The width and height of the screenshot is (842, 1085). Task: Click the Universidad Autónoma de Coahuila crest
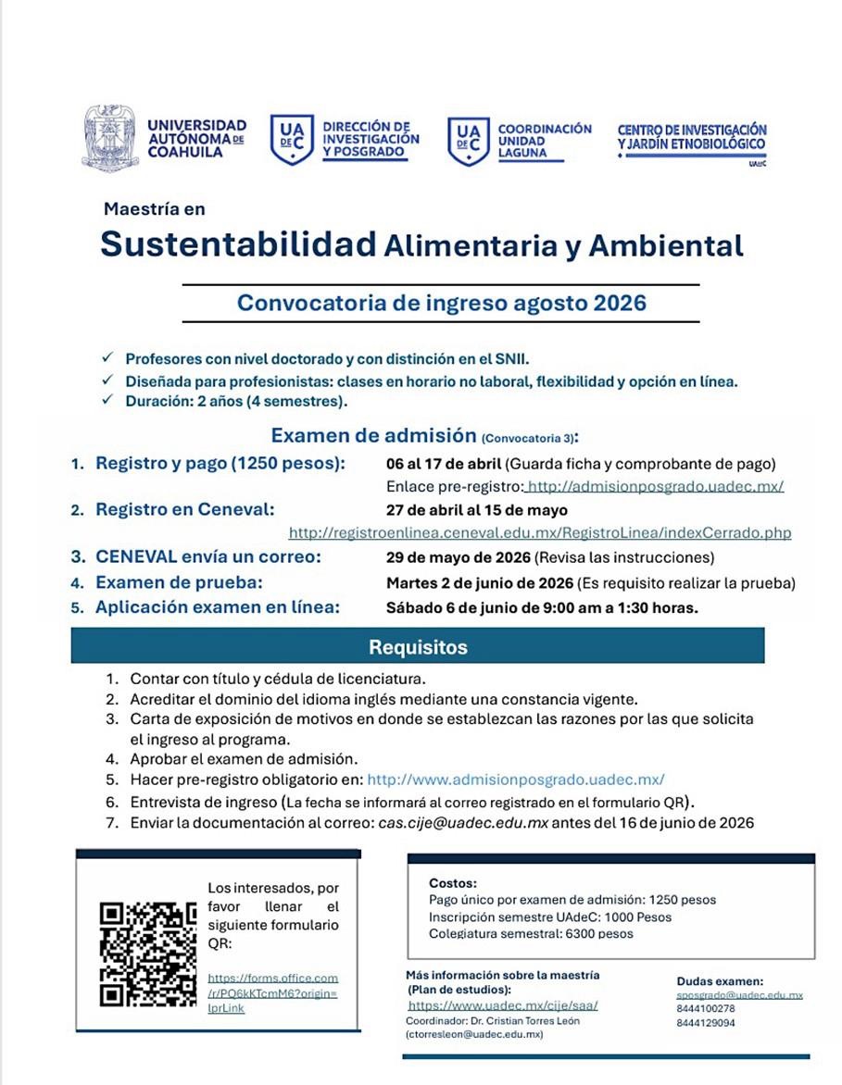point(110,138)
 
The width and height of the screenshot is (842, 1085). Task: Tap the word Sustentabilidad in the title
point(238,244)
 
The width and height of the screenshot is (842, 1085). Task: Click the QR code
point(148,954)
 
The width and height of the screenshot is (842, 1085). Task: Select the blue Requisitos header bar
point(418,646)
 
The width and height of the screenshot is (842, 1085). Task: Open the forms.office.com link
point(272,992)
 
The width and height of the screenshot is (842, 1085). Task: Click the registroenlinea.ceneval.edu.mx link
point(540,533)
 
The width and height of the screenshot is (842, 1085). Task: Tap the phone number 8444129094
point(706,1023)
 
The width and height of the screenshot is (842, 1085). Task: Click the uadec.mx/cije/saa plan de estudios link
point(503,1004)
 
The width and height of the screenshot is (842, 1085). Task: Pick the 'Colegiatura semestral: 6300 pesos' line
point(531,933)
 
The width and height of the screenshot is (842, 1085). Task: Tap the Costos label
point(453,883)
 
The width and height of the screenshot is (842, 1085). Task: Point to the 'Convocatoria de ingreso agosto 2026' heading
point(441,303)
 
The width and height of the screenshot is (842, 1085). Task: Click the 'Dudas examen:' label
point(720,981)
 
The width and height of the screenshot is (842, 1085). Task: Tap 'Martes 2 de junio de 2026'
point(479,583)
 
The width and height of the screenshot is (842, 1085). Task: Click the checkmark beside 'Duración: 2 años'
point(108,400)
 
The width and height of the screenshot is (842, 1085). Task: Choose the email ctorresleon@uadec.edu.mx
point(473,1034)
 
